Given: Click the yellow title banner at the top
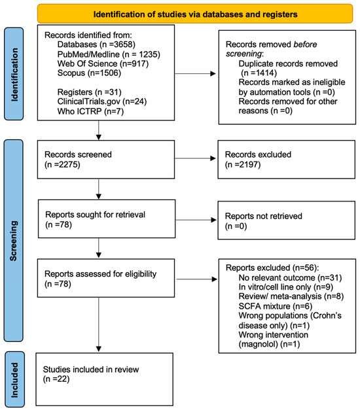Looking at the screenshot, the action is [x=195, y=14].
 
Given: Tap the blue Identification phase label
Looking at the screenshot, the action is [x=14, y=74].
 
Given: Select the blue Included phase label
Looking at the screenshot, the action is [x=14, y=379].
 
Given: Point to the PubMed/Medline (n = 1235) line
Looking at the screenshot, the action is [x=109, y=54].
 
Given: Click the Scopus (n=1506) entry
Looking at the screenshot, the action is [x=89, y=73].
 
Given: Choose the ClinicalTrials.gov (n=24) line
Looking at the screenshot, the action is [x=102, y=101].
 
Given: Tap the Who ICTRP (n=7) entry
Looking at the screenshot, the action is [x=90, y=111].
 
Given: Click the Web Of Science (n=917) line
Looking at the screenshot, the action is [x=103, y=63].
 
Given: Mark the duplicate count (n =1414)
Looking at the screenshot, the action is [x=259, y=73].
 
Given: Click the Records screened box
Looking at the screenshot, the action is [x=106, y=160].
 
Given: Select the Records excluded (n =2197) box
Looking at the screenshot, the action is [x=287, y=160].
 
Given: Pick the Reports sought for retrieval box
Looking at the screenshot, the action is [x=107, y=219].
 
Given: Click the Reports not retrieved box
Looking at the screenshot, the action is [x=287, y=220].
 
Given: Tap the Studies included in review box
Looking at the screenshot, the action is [x=104, y=379].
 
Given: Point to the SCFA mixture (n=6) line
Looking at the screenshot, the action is [x=276, y=306].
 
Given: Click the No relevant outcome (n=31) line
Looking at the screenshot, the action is [x=290, y=277].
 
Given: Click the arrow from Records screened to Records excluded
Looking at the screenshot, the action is [x=196, y=158].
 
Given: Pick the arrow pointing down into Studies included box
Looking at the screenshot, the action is [x=99, y=324].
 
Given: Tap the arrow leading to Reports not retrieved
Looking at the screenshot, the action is [x=196, y=220].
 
